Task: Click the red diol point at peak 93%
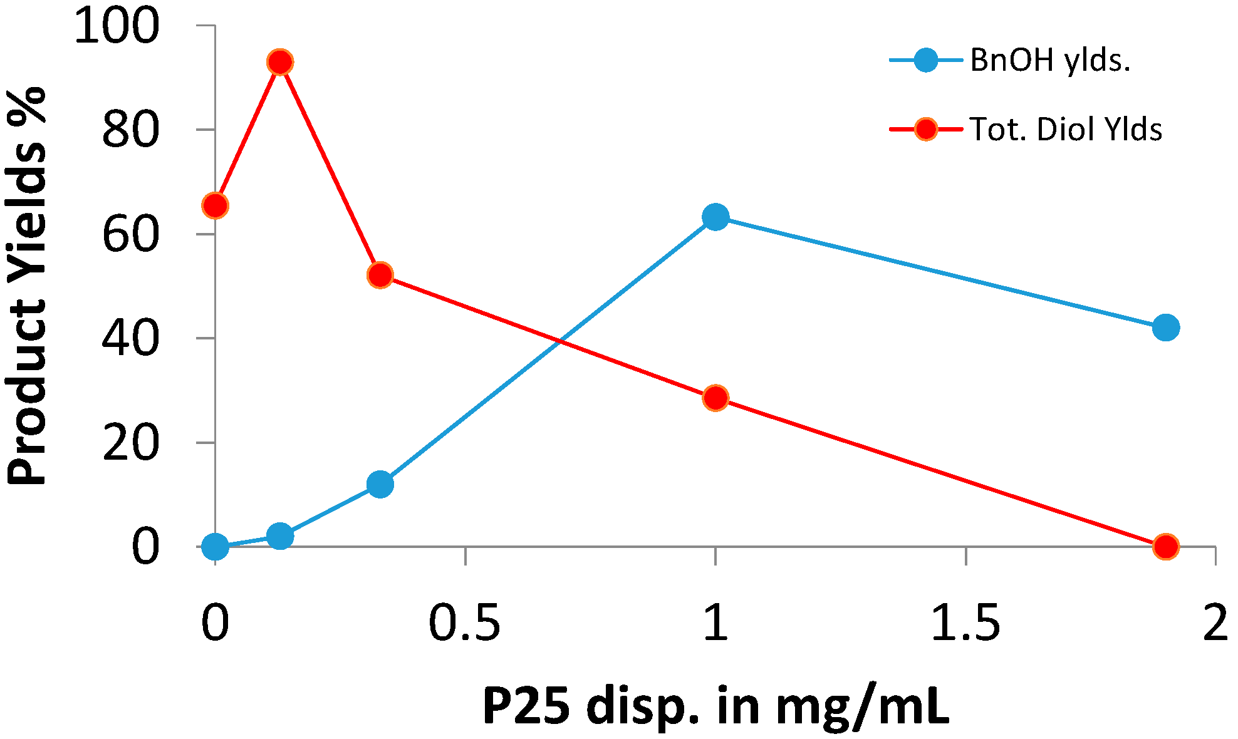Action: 280,62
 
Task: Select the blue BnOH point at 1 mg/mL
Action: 715,217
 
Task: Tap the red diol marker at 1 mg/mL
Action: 715,398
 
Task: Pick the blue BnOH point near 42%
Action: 1165,328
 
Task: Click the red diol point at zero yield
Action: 1165,546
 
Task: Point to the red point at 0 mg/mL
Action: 216,205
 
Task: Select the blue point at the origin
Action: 216,547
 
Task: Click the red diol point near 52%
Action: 380,275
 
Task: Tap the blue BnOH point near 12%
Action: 380,484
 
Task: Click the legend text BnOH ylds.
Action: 1050,61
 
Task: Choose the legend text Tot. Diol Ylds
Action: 1066,130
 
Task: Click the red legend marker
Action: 925,130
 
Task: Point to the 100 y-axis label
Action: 117,27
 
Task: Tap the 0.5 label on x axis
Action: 464,624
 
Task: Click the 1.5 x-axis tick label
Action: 965,624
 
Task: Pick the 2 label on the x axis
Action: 1215,624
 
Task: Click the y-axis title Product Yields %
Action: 27,286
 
